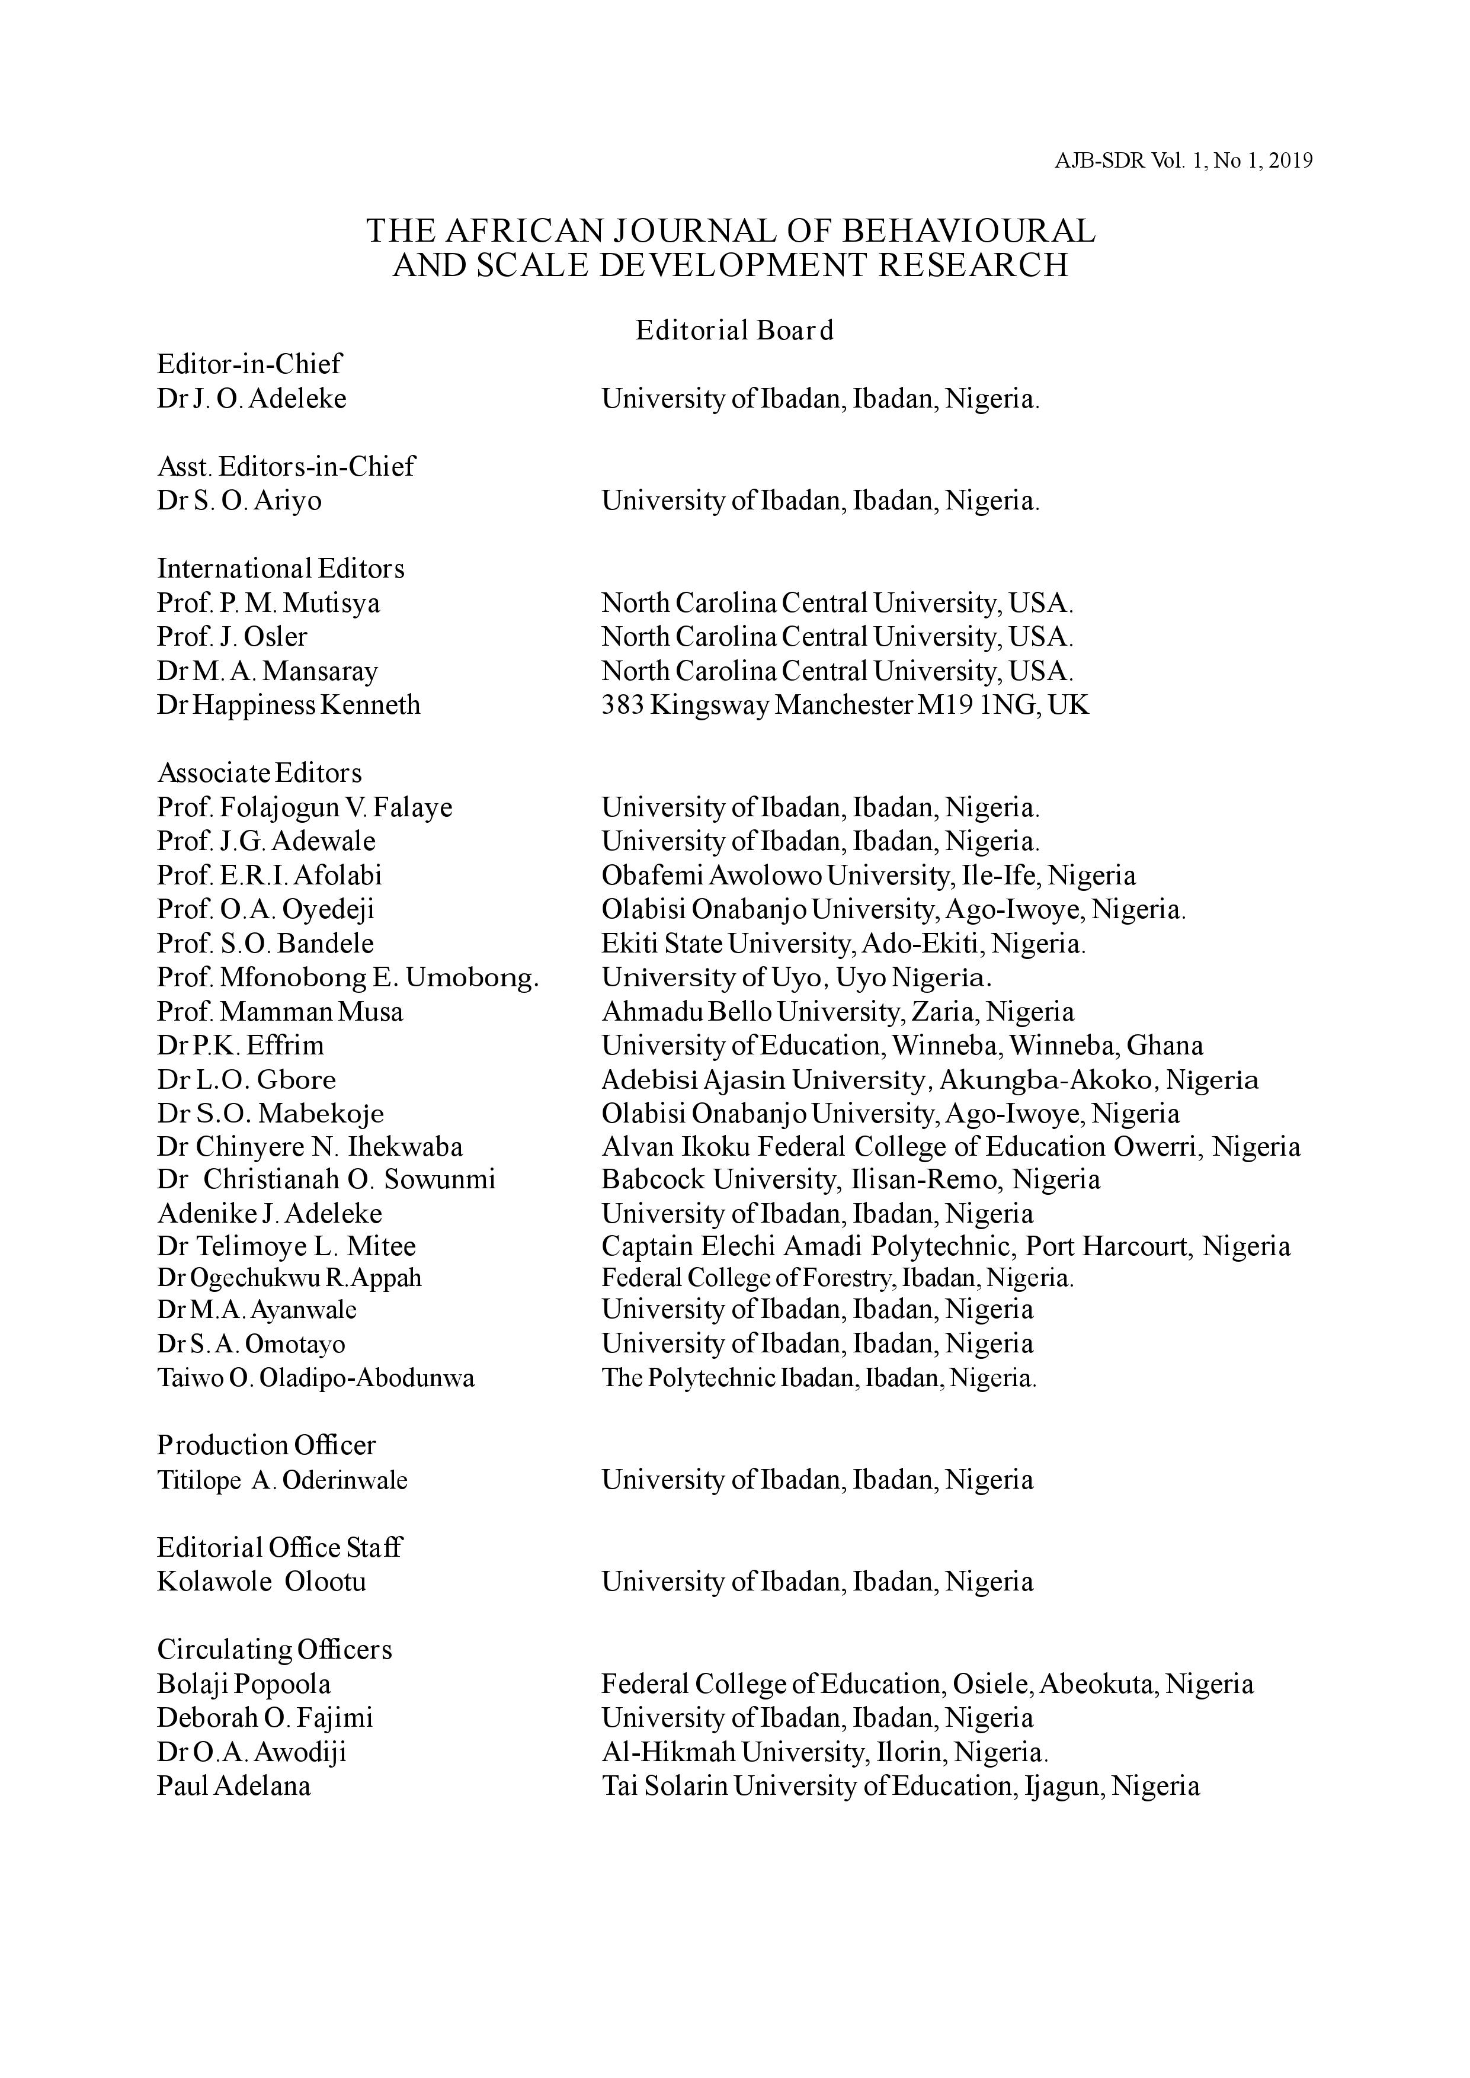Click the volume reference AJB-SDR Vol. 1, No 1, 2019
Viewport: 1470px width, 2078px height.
point(1183,161)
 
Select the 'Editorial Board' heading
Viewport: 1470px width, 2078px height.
point(734,331)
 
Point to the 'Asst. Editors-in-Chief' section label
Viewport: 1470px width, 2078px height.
point(286,466)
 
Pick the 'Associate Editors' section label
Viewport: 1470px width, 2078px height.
point(259,773)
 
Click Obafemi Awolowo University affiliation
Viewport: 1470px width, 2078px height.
point(868,875)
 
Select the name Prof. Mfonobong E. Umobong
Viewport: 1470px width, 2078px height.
point(348,977)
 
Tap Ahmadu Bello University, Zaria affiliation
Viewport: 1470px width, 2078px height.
point(837,1011)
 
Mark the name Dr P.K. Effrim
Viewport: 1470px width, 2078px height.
point(240,1046)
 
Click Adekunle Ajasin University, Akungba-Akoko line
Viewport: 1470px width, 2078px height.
point(930,1080)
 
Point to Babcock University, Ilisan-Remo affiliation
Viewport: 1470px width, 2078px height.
point(851,1179)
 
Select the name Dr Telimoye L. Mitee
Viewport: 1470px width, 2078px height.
point(286,1246)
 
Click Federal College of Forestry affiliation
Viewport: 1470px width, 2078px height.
point(837,1278)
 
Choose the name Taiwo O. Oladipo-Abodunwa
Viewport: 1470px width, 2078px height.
point(316,1378)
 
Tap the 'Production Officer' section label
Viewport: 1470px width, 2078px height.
point(266,1445)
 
